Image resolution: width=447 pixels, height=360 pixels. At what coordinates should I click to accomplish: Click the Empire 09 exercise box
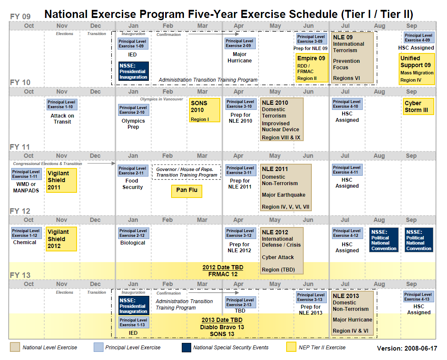click(x=312, y=68)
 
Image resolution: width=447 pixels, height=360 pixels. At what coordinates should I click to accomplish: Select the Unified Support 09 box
click(x=417, y=68)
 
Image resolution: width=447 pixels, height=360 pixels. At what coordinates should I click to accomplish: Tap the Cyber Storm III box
click(x=418, y=106)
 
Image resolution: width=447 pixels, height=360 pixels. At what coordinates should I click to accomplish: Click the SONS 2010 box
click(x=204, y=110)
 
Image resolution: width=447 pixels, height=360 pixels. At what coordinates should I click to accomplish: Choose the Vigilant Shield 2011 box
click(x=61, y=180)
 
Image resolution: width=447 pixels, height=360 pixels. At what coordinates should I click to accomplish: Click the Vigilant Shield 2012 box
click(x=61, y=239)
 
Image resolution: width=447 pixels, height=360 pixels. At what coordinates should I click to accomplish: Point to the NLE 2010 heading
click(x=275, y=103)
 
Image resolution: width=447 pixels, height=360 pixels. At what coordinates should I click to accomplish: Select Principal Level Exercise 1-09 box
click(x=133, y=44)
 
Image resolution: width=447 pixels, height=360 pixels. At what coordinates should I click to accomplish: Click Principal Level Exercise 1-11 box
click(x=27, y=174)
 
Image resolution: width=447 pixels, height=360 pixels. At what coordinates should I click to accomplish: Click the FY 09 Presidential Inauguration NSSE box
click(x=133, y=71)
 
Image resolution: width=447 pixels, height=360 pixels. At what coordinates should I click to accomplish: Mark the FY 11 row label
click(x=20, y=147)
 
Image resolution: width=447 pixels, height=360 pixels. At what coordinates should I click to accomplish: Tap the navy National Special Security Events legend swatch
click(x=186, y=347)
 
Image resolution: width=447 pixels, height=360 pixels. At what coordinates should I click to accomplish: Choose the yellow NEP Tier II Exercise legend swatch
click(x=291, y=347)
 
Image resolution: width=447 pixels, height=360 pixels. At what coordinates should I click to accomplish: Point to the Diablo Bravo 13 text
click(x=222, y=327)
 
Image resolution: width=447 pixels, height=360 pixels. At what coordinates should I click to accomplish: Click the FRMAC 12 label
click(x=222, y=274)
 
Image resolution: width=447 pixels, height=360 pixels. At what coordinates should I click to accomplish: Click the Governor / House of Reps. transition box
click(x=186, y=172)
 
